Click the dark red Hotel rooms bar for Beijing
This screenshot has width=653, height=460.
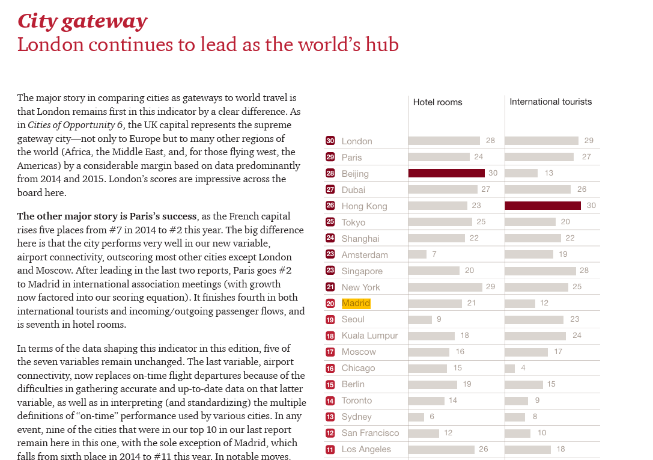[x=446, y=173]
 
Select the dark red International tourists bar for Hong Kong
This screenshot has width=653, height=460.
[x=542, y=206]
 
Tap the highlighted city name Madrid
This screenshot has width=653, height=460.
[x=356, y=303]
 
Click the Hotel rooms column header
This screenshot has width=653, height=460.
[x=437, y=102]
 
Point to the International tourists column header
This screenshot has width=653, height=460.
[x=550, y=102]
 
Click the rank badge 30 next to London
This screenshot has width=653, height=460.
[x=330, y=141]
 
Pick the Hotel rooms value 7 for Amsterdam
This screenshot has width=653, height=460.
[x=434, y=254]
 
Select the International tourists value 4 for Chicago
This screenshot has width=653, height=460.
[x=523, y=368]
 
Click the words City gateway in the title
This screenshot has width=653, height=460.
[x=82, y=22]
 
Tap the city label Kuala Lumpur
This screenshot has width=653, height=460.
[x=369, y=336]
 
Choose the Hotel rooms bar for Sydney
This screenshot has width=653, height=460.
[x=416, y=417]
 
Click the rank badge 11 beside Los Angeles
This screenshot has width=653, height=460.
[x=330, y=450]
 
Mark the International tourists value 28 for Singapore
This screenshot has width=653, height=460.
[x=584, y=271]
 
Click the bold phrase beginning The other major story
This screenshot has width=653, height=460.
[x=106, y=216]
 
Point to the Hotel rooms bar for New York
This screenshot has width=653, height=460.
[x=445, y=287]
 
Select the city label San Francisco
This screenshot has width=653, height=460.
[x=370, y=434]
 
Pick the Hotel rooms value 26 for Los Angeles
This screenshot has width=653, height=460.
[x=483, y=449]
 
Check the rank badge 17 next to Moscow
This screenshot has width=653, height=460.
[x=330, y=352]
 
